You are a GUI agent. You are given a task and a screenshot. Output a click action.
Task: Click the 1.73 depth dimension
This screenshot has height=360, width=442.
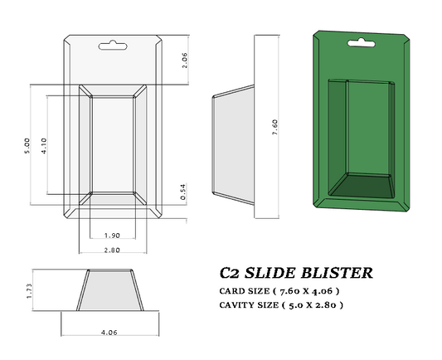[27, 291]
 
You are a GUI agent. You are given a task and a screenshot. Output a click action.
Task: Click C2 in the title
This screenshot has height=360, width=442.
[231, 272]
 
